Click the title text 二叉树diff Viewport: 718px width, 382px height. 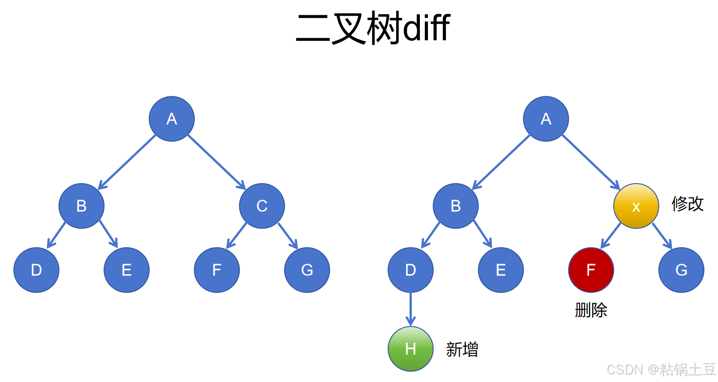click(372, 28)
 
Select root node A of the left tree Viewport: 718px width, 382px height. click(171, 119)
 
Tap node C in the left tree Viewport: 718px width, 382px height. click(262, 206)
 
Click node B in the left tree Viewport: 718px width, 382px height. click(81, 206)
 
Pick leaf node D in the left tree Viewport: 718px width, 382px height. click(36, 270)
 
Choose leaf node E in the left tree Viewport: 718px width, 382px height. click(127, 270)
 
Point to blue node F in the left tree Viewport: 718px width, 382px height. click(217, 270)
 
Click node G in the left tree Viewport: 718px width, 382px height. click(307, 270)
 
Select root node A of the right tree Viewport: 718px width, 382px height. click(546, 119)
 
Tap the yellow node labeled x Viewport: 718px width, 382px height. click(636, 206)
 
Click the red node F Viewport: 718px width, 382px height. click(591, 270)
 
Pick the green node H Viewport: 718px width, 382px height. click(410, 349)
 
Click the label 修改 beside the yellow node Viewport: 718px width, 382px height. click(688, 204)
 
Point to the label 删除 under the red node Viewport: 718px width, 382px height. click(591, 310)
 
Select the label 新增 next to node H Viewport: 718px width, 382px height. click(462, 349)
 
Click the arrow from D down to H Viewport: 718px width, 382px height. click(410, 309)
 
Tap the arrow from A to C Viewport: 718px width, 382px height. click(217, 162)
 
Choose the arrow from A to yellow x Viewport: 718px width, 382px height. click(591, 162)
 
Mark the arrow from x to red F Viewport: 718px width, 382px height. click(611, 236)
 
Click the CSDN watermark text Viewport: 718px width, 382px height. click(661, 369)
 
